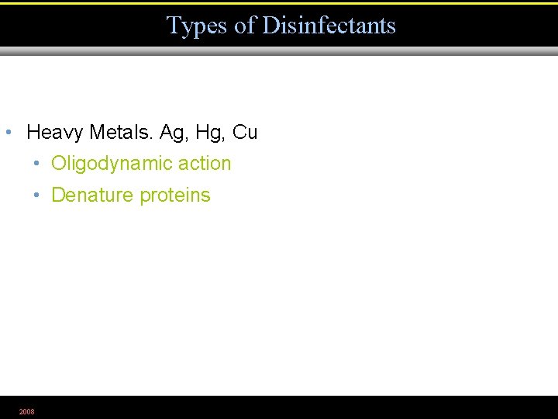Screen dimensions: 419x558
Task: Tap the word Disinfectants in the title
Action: tap(329, 26)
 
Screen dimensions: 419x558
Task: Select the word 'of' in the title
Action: tap(245, 26)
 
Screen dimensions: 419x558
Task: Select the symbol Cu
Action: tap(245, 133)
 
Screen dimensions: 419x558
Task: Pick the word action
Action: tap(205, 164)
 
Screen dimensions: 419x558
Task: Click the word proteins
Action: tap(175, 196)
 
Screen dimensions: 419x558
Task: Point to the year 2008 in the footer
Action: tap(27, 411)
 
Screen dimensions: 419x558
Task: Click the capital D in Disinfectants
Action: tap(270, 26)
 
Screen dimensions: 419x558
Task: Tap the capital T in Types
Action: tap(174, 26)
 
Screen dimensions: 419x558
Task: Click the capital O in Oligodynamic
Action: tap(58, 164)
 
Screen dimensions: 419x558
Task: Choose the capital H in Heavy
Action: tap(33, 133)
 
